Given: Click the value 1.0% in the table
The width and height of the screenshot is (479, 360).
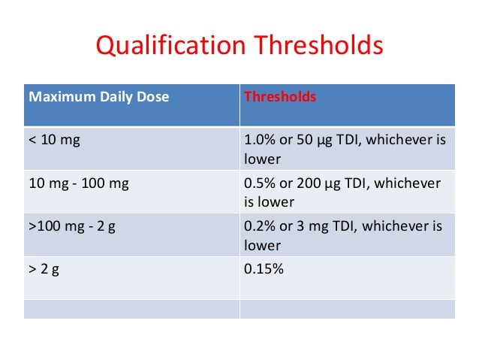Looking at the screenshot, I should [262, 141].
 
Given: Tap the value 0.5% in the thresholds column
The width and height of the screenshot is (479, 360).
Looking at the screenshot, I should [262, 183].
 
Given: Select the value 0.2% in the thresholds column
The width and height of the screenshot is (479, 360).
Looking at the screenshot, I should [262, 226].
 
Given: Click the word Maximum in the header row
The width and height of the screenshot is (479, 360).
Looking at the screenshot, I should [56, 98].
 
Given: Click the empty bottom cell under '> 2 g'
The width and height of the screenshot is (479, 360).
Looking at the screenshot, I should [131, 309].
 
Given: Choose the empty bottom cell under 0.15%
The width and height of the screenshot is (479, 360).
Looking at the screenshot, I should [347, 309].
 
